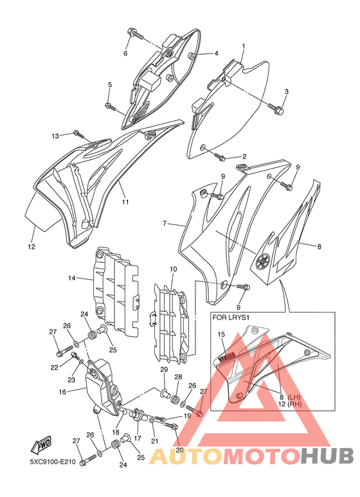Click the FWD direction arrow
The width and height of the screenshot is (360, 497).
40,445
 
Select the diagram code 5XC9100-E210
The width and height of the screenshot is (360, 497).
53,462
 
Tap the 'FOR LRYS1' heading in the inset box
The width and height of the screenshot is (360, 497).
229,317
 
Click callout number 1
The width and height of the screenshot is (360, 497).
244,46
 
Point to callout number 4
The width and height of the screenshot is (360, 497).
216,53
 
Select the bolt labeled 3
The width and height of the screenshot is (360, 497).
276,109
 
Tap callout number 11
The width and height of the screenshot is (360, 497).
125,202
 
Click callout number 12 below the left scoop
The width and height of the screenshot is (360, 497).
32,247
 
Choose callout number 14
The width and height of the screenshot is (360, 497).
71,278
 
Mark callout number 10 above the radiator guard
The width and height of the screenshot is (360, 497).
173,269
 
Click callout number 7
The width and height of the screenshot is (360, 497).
165,224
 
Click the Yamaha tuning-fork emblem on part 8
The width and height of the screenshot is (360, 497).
264,262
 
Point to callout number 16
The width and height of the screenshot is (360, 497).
62,392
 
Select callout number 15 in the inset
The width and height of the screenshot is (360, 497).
221,334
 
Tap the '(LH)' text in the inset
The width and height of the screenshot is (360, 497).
294,397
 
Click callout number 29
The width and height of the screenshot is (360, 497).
164,370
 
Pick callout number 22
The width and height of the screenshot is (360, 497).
54,367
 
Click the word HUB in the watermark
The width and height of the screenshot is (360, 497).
327,456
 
